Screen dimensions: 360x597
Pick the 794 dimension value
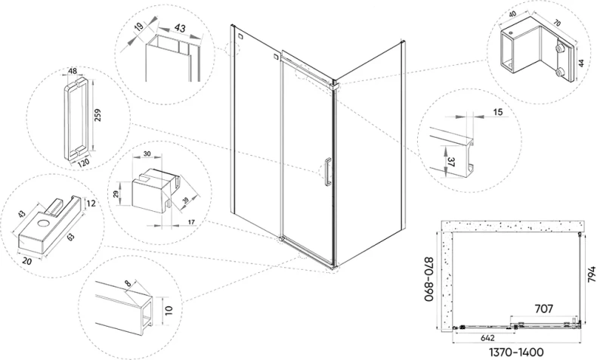click(590, 274)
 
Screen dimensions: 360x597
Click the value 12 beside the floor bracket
click(91, 203)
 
